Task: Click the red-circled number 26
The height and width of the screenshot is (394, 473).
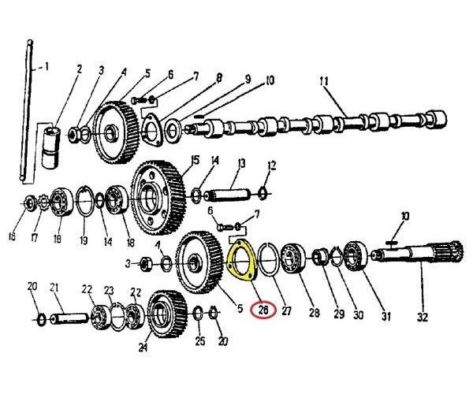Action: [263, 310]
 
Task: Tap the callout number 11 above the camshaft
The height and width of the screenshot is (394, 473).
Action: [324, 82]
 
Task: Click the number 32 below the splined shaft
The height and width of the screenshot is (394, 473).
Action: [423, 317]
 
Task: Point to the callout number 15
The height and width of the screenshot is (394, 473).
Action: [196, 160]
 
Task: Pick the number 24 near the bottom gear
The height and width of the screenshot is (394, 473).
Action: [143, 348]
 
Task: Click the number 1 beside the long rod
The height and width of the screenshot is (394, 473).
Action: [47, 67]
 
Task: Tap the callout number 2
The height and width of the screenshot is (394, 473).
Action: [79, 69]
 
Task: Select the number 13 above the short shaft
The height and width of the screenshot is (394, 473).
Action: [242, 163]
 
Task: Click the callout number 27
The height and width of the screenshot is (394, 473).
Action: [286, 310]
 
